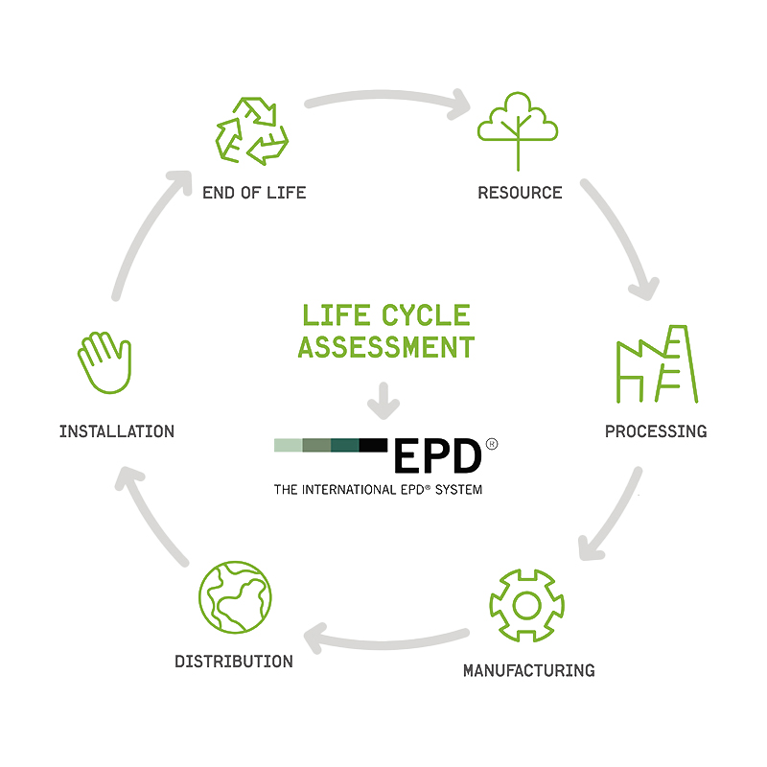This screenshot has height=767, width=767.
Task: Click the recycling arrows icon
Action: (252, 131)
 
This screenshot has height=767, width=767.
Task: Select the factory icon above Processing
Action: (657, 364)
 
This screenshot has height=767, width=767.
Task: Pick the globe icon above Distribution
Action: (235, 596)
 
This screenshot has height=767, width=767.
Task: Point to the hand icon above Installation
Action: (105, 362)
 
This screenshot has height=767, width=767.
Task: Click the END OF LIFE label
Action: (254, 193)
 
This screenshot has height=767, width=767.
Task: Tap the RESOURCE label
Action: (520, 193)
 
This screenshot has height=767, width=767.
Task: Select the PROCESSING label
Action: (656, 431)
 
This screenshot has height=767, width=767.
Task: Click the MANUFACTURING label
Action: (529, 670)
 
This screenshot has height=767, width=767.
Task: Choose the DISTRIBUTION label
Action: (234, 662)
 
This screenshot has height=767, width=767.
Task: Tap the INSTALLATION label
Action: (117, 431)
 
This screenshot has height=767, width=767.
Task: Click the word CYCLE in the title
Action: (426, 315)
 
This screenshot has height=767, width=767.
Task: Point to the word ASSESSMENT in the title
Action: (386, 347)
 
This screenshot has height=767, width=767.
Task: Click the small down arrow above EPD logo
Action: (383, 401)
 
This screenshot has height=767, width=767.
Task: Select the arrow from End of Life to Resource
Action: (386, 96)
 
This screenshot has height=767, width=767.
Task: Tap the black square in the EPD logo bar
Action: (373, 445)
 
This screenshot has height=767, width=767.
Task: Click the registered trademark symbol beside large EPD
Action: (492, 444)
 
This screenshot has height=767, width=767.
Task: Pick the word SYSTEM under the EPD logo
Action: (459, 490)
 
